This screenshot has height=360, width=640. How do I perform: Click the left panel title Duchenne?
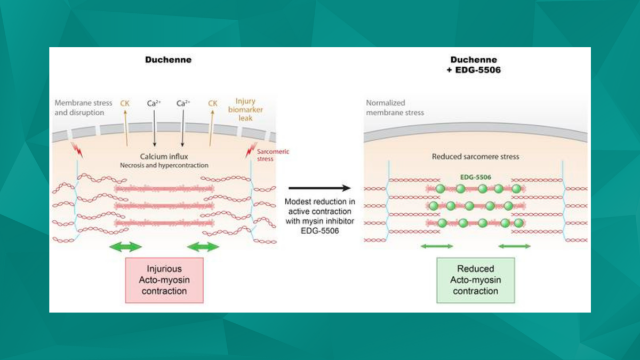pos(168,60)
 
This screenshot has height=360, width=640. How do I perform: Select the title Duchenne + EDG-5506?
pos(474,65)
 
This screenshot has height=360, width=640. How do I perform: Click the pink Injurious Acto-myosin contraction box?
pos(164,280)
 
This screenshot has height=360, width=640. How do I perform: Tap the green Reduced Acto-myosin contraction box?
pos(475,280)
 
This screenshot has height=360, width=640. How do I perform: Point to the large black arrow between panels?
pos(319,188)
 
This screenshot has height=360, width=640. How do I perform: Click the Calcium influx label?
pos(163,157)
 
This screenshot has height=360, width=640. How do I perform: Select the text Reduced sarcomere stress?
pos(475,157)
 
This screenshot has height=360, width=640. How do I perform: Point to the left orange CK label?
pos(125,103)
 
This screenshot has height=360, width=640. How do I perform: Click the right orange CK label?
pos(212,103)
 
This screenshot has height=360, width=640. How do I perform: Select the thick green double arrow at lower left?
pos(125,246)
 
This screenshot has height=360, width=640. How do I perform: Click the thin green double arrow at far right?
pos(514,246)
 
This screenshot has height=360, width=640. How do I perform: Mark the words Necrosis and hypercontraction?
pos(163,165)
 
